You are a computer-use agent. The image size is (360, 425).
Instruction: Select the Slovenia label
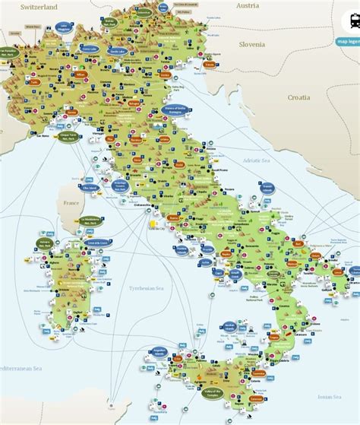coord(251,44)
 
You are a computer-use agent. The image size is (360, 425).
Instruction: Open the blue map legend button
coord(348,42)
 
